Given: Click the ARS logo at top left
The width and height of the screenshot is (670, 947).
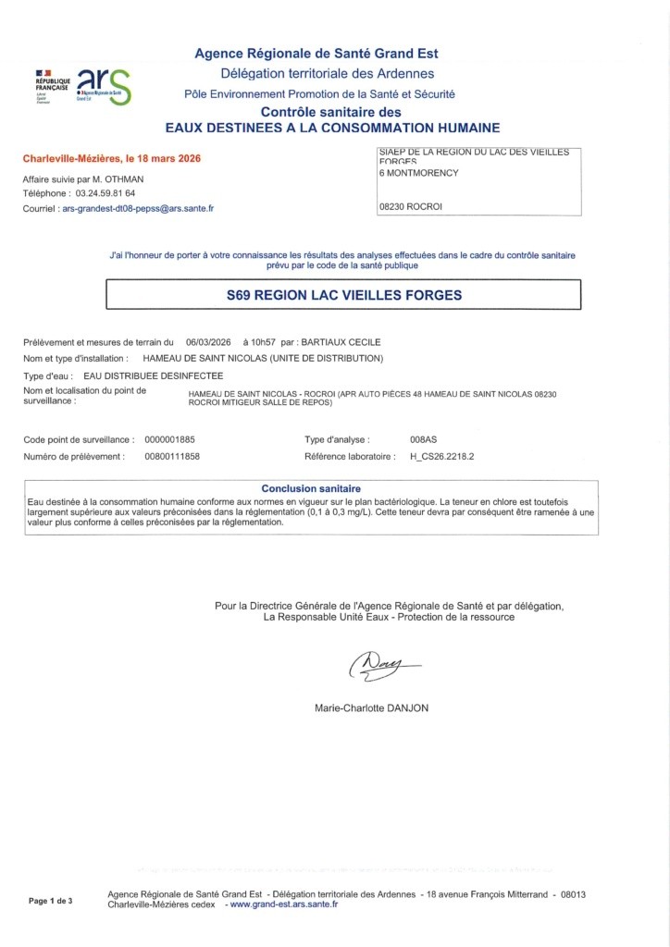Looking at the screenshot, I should click(x=102, y=85).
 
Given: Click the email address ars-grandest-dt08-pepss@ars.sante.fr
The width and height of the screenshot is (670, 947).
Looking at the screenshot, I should click(x=144, y=209).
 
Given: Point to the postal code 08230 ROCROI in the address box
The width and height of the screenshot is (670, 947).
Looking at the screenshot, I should click(x=411, y=207).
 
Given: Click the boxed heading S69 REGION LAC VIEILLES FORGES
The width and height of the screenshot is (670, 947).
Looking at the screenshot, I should click(x=344, y=296).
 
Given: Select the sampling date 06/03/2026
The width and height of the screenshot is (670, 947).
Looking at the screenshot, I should click(x=207, y=342).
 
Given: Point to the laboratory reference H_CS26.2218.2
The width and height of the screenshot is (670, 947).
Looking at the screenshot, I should click(x=448, y=457).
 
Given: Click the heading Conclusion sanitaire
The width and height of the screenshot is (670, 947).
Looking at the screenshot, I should click(x=311, y=488).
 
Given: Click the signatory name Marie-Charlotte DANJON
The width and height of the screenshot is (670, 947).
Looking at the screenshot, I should click(x=372, y=708).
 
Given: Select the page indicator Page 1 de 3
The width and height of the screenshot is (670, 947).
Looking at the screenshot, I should click(x=51, y=900).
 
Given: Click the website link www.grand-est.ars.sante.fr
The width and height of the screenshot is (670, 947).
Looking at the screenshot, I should click(x=283, y=904).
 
